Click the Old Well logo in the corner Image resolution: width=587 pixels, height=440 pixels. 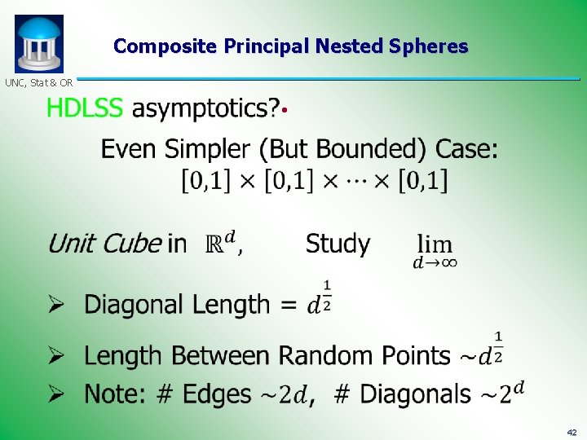pyautogui.click(x=38, y=43)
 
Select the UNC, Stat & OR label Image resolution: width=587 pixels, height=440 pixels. pyautogui.click(x=39, y=82)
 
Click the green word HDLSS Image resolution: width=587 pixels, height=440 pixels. pyautogui.click(x=85, y=108)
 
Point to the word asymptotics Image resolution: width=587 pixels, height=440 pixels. pyautogui.click(x=205, y=109)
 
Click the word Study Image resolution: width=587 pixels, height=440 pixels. pyautogui.click(x=338, y=244)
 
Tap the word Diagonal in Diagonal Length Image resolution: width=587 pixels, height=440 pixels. pyautogui.click(x=135, y=305)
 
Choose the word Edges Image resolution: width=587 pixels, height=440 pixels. pyautogui.click(x=216, y=394)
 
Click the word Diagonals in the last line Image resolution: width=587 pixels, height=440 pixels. pyautogui.click(x=415, y=394)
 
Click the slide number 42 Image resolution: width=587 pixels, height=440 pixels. pyautogui.click(x=572, y=432)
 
